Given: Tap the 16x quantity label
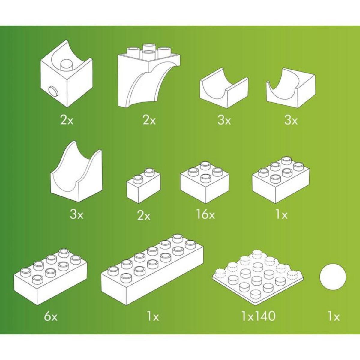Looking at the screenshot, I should coord(206,214).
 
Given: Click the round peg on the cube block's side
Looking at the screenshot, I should coord(54,90).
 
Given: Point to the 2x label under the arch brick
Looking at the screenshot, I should coord(149,121).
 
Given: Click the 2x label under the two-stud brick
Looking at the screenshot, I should coord(144,215).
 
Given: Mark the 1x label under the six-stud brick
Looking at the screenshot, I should coord(281,214).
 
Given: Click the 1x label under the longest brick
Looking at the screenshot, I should coord(153,317).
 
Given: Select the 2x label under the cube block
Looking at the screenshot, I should coord(66,121).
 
